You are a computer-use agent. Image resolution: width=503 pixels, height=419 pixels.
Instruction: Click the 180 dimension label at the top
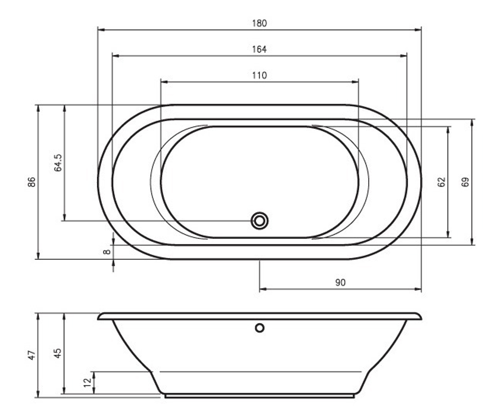click(259, 23)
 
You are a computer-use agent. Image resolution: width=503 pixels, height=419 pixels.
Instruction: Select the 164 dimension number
click(259, 49)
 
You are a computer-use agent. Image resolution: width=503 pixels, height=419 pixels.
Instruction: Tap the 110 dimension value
click(259, 75)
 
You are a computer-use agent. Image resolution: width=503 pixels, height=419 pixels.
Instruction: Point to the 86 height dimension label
click(32, 182)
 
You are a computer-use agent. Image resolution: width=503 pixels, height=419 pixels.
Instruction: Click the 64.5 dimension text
click(58, 163)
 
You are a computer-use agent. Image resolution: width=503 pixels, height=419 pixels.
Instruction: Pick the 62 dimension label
click(441, 182)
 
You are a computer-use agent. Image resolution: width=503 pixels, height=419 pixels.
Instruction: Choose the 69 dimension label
click(465, 182)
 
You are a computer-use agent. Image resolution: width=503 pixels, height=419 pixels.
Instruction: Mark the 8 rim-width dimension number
click(107, 252)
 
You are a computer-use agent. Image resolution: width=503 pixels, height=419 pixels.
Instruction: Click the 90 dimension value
click(340, 282)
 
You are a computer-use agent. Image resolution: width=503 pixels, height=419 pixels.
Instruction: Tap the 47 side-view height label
click(32, 355)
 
